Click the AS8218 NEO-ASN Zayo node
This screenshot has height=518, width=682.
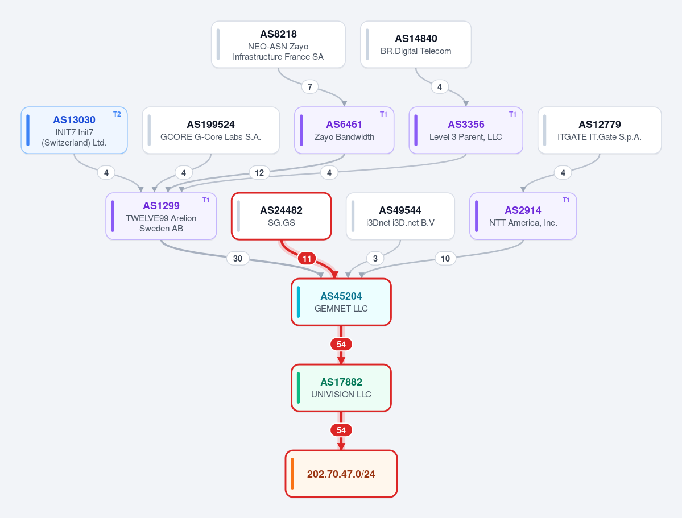pyautogui.click(x=278, y=44)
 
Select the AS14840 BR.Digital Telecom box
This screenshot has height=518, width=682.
pyautogui.click(x=416, y=44)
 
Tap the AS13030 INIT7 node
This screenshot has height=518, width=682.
pyautogui.click(x=75, y=130)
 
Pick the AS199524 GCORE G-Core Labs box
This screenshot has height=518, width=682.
pyautogui.click(x=211, y=130)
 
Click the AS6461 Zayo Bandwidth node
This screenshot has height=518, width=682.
pyautogui.click(x=344, y=130)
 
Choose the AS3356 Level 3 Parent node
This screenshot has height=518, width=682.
pyautogui.click(x=466, y=130)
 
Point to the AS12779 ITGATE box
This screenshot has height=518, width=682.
pyautogui.click(x=600, y=130)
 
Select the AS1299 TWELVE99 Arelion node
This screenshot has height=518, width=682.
pyautogui.click(x=162, y=216)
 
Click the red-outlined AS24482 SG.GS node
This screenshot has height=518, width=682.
pyautogui.click(x=282, y=216)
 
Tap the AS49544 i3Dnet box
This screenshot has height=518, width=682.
pyautogui.click(x=400, y=216)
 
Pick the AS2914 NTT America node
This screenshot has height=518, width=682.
pyautogui.click(x=523, y=216)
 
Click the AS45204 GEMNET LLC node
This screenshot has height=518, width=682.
pyautogui.click(x=341, y=302)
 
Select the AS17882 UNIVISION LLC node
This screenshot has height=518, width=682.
pyautogui.click(x=341, y=388)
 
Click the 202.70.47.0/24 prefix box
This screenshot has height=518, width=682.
pyautogui.click(x=341, y=474)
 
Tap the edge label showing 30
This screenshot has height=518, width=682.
pyautogui.click(x=238, y=259)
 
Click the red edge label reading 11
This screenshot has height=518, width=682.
pyautogui.click(x=307, y=259)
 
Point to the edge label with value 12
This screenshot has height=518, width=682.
pyautogui.click(x=259, y=173)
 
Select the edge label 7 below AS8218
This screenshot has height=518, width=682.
pyautogui.click(x=309, y=87)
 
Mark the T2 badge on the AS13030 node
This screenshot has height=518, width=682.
pyautogui.click(x=117, y=114)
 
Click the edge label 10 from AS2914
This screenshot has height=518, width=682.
pyautogui.click(x=445, y=259)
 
